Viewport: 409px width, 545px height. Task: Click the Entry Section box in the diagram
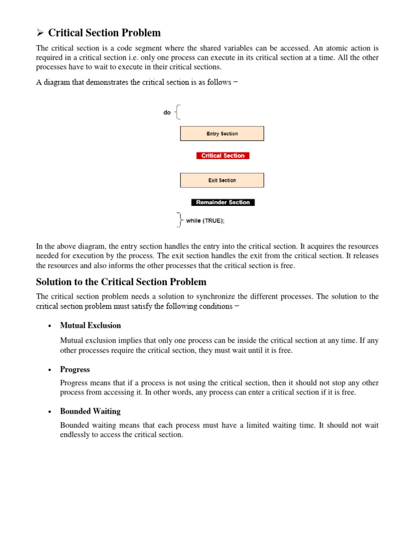point(222,134)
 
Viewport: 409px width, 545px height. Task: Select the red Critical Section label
point(223,156)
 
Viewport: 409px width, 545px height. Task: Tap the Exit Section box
point(222,180)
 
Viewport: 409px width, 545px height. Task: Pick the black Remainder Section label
point(223,202)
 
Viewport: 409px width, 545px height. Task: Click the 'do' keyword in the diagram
point(167,113)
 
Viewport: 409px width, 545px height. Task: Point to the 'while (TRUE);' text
point(205,221)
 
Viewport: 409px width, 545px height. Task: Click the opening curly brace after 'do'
point(178,112)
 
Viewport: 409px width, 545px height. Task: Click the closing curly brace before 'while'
point(179,220)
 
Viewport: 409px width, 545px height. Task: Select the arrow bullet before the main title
point(40,34)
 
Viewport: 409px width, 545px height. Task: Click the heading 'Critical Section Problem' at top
point(104,33)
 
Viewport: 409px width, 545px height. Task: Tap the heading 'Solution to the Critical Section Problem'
point(121,282)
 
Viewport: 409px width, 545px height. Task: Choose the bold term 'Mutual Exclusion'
point(91,325)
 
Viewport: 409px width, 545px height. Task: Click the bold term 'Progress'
point(75,369)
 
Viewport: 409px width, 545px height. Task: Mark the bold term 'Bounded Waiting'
point(91,411)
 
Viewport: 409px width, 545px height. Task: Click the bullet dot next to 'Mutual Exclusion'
point(49,326)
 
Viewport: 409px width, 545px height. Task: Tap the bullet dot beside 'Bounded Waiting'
point(49,412)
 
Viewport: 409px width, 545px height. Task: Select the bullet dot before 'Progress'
point(49,370)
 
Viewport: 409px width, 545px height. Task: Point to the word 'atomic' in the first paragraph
point(338,48)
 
